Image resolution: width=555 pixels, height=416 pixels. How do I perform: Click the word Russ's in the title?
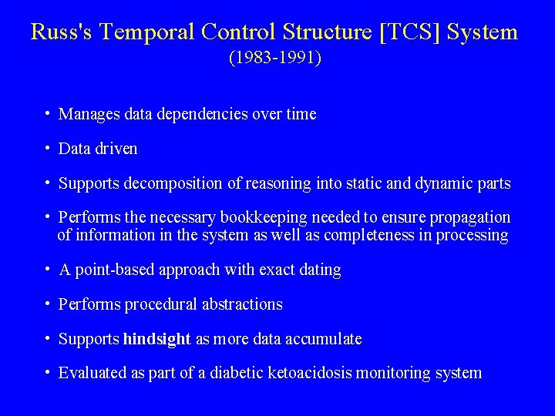tap(64, 32)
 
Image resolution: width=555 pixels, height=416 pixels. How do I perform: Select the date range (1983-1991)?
tap(274, 58)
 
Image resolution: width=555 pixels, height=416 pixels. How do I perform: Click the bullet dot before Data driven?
tap(48, 148)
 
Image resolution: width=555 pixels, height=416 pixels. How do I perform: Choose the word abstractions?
tap(242, 304)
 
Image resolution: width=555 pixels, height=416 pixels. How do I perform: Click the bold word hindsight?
tap(156, 339)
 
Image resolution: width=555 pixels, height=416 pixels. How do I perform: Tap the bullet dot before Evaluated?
tap(48, 373)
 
